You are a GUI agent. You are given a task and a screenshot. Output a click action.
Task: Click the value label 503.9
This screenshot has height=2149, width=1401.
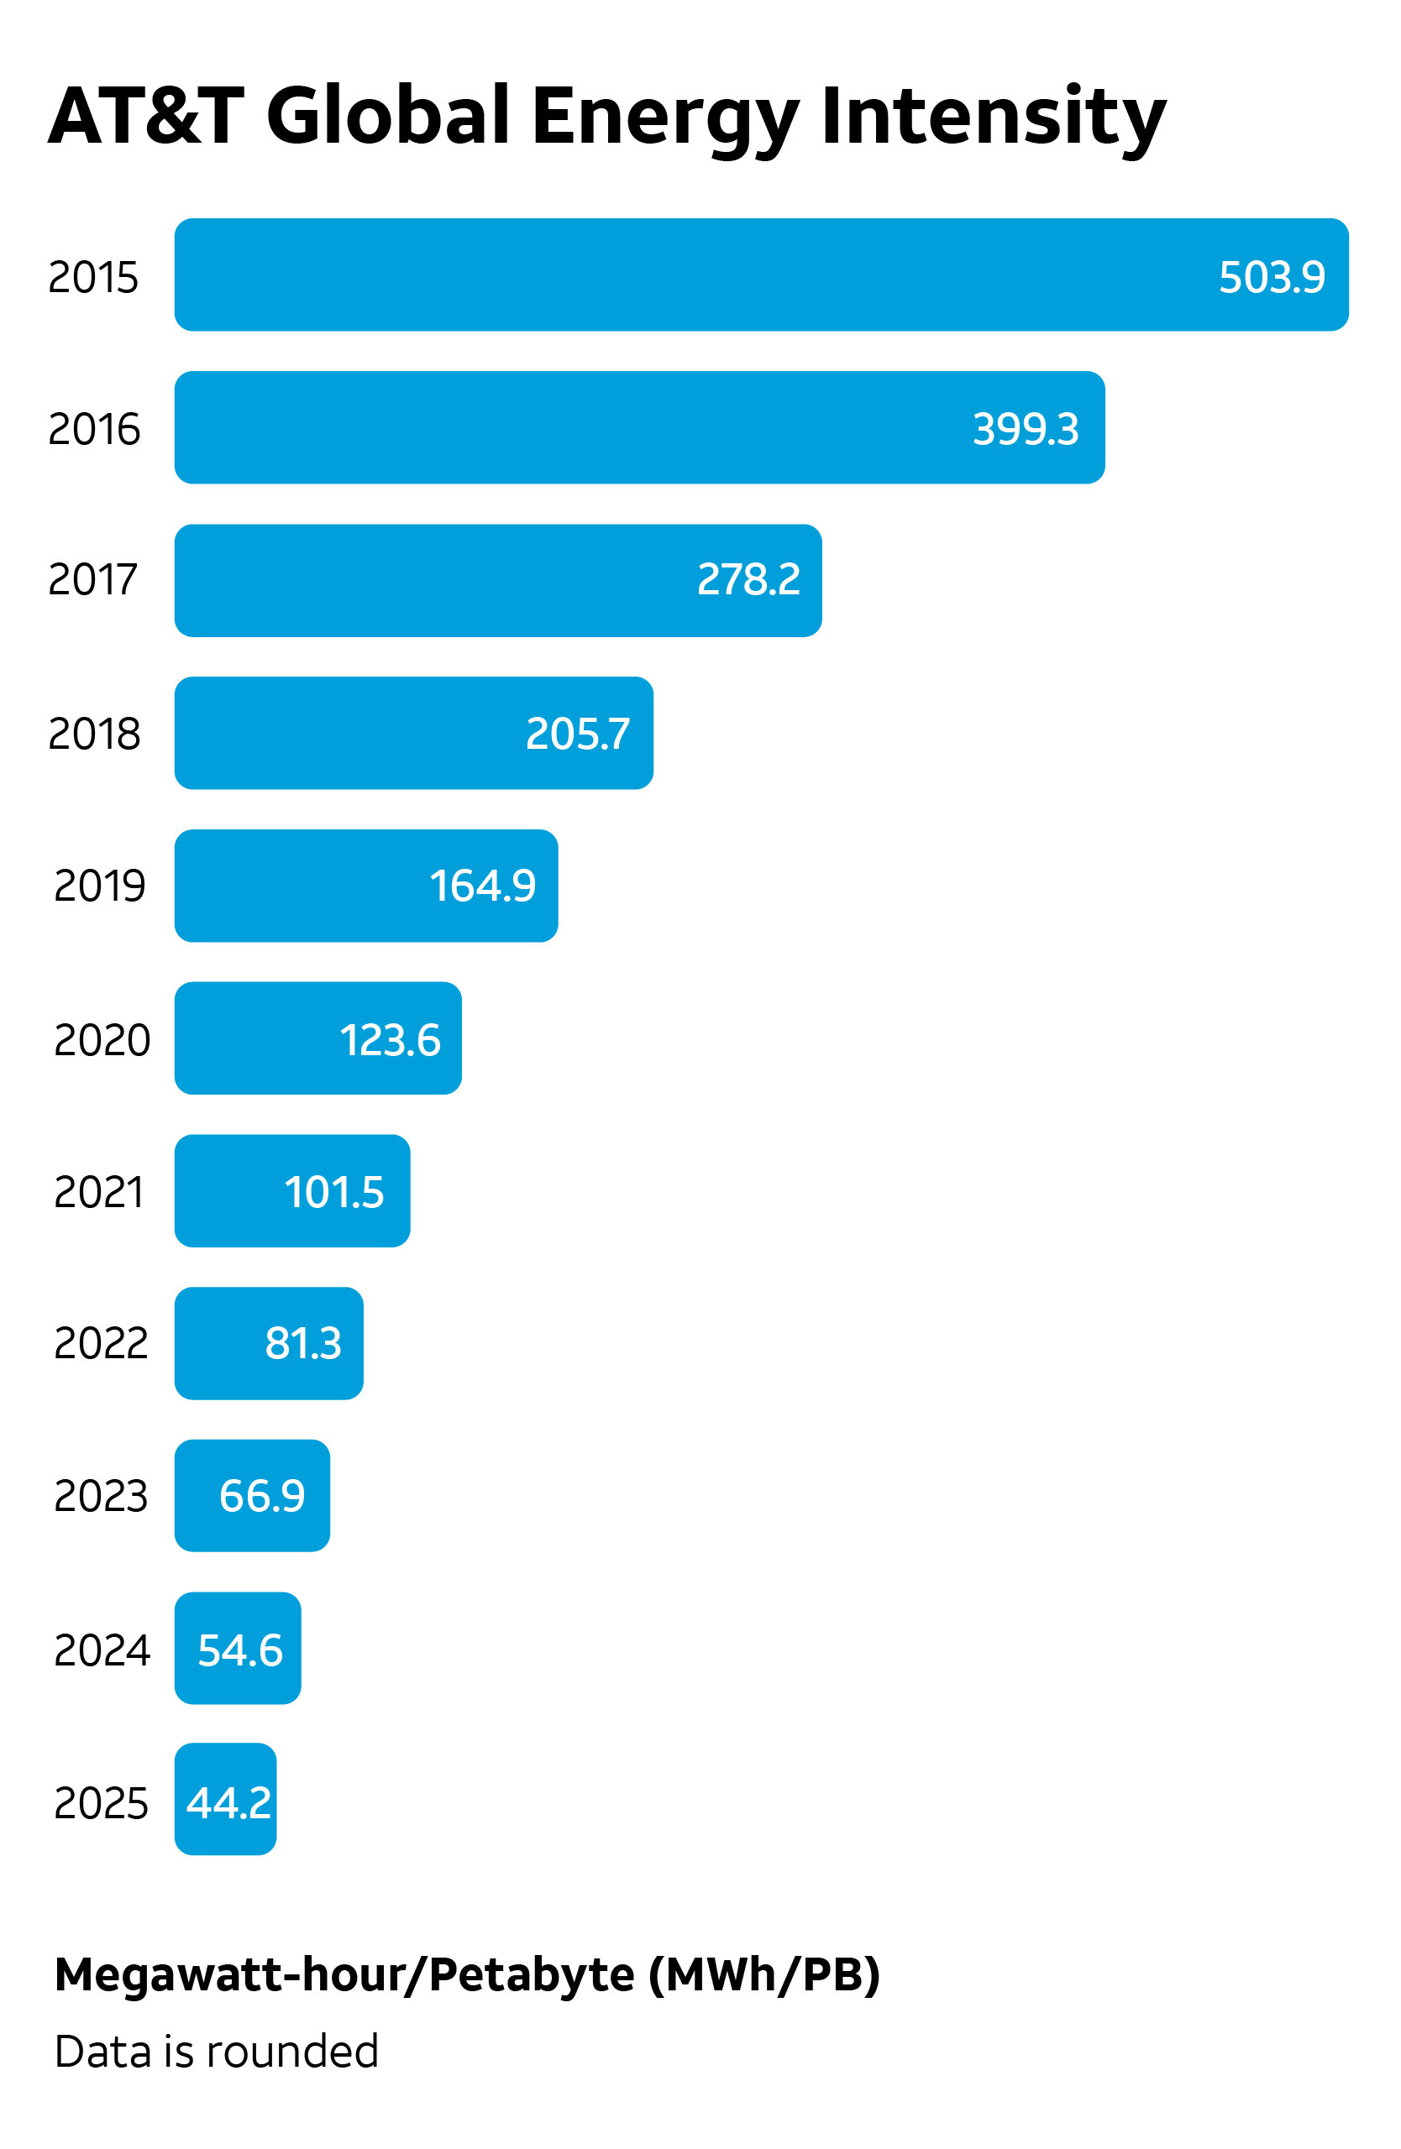[x=1271, y=276]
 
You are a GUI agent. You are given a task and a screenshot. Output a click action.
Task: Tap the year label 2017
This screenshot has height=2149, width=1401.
[x=93, y=580]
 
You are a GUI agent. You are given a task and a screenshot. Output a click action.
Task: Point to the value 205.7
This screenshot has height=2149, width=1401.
[x=577, y=733]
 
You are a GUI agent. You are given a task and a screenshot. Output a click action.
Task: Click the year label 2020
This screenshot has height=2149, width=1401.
[x=101, y=1039]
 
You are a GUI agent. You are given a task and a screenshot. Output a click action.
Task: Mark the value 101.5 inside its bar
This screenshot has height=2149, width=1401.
[x=333, y=1192]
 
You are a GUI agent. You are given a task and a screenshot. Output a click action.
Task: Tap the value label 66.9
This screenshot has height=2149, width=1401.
[x=262, y=1496]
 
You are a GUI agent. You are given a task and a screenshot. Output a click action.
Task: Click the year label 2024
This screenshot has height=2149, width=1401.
[x=101, y=1650]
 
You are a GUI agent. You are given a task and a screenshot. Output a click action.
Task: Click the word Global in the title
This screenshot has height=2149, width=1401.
[x=388, y=116]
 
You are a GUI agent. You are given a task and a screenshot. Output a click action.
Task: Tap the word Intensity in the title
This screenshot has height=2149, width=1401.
[x=994, y=116]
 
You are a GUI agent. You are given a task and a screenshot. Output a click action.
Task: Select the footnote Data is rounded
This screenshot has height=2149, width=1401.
[x=216, y=2052]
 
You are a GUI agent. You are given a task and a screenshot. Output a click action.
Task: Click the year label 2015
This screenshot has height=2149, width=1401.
[x=93, y=276]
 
